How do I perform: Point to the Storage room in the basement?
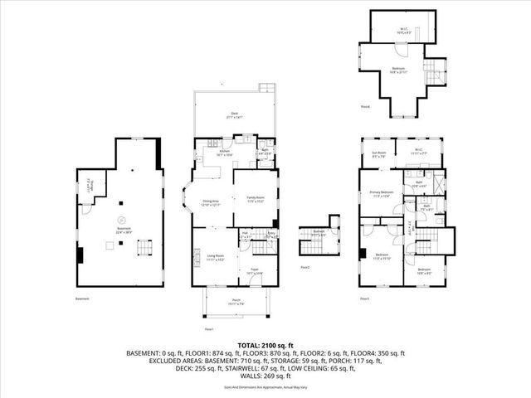[x=91, y=185]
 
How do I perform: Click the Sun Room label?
[x=379, y=153]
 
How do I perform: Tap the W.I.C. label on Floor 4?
[x=403, y=32]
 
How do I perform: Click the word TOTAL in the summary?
[x=251, y=343]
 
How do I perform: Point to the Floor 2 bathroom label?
[x=318, y=234]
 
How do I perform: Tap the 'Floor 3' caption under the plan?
[x=365, y=298]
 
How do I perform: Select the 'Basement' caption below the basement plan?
[x=81, y=298]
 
